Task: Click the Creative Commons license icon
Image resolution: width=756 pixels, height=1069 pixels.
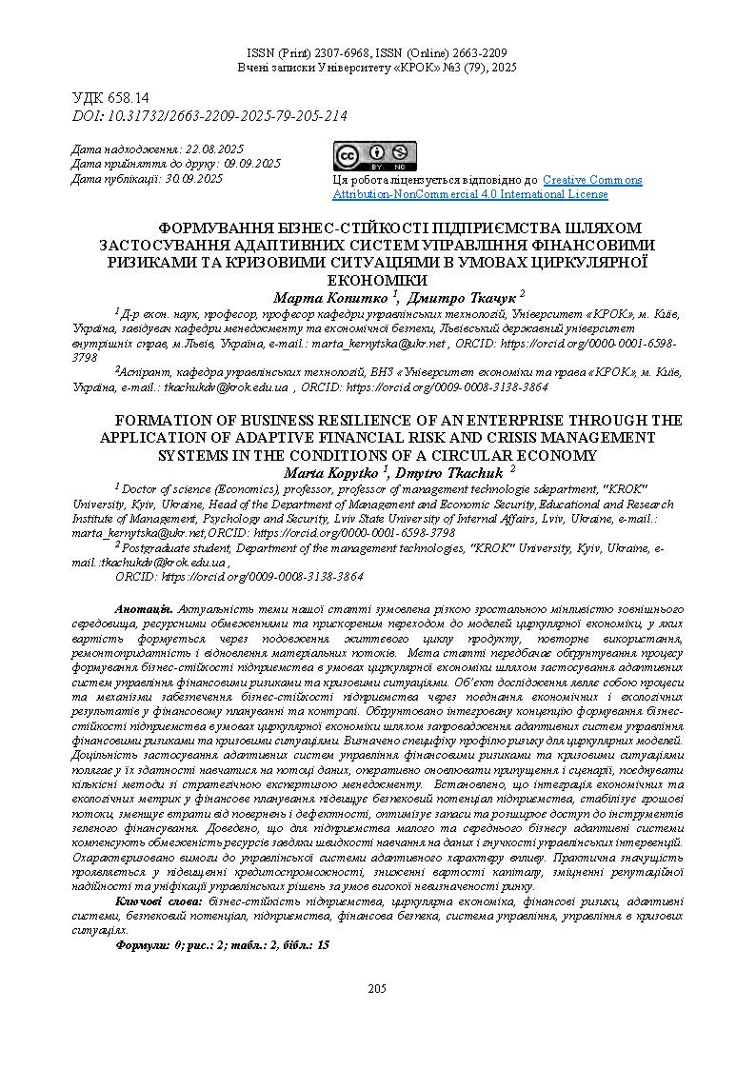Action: pyautogui.click(x=374, y=155)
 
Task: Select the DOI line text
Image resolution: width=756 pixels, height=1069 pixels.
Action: pyautogui.click(x=209, y=116)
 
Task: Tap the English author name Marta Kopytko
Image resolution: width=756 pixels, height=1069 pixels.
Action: pyautogui.click(x=331, y=471)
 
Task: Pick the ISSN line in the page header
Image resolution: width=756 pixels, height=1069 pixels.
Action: pyautogui.click(x=377, y=53)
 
